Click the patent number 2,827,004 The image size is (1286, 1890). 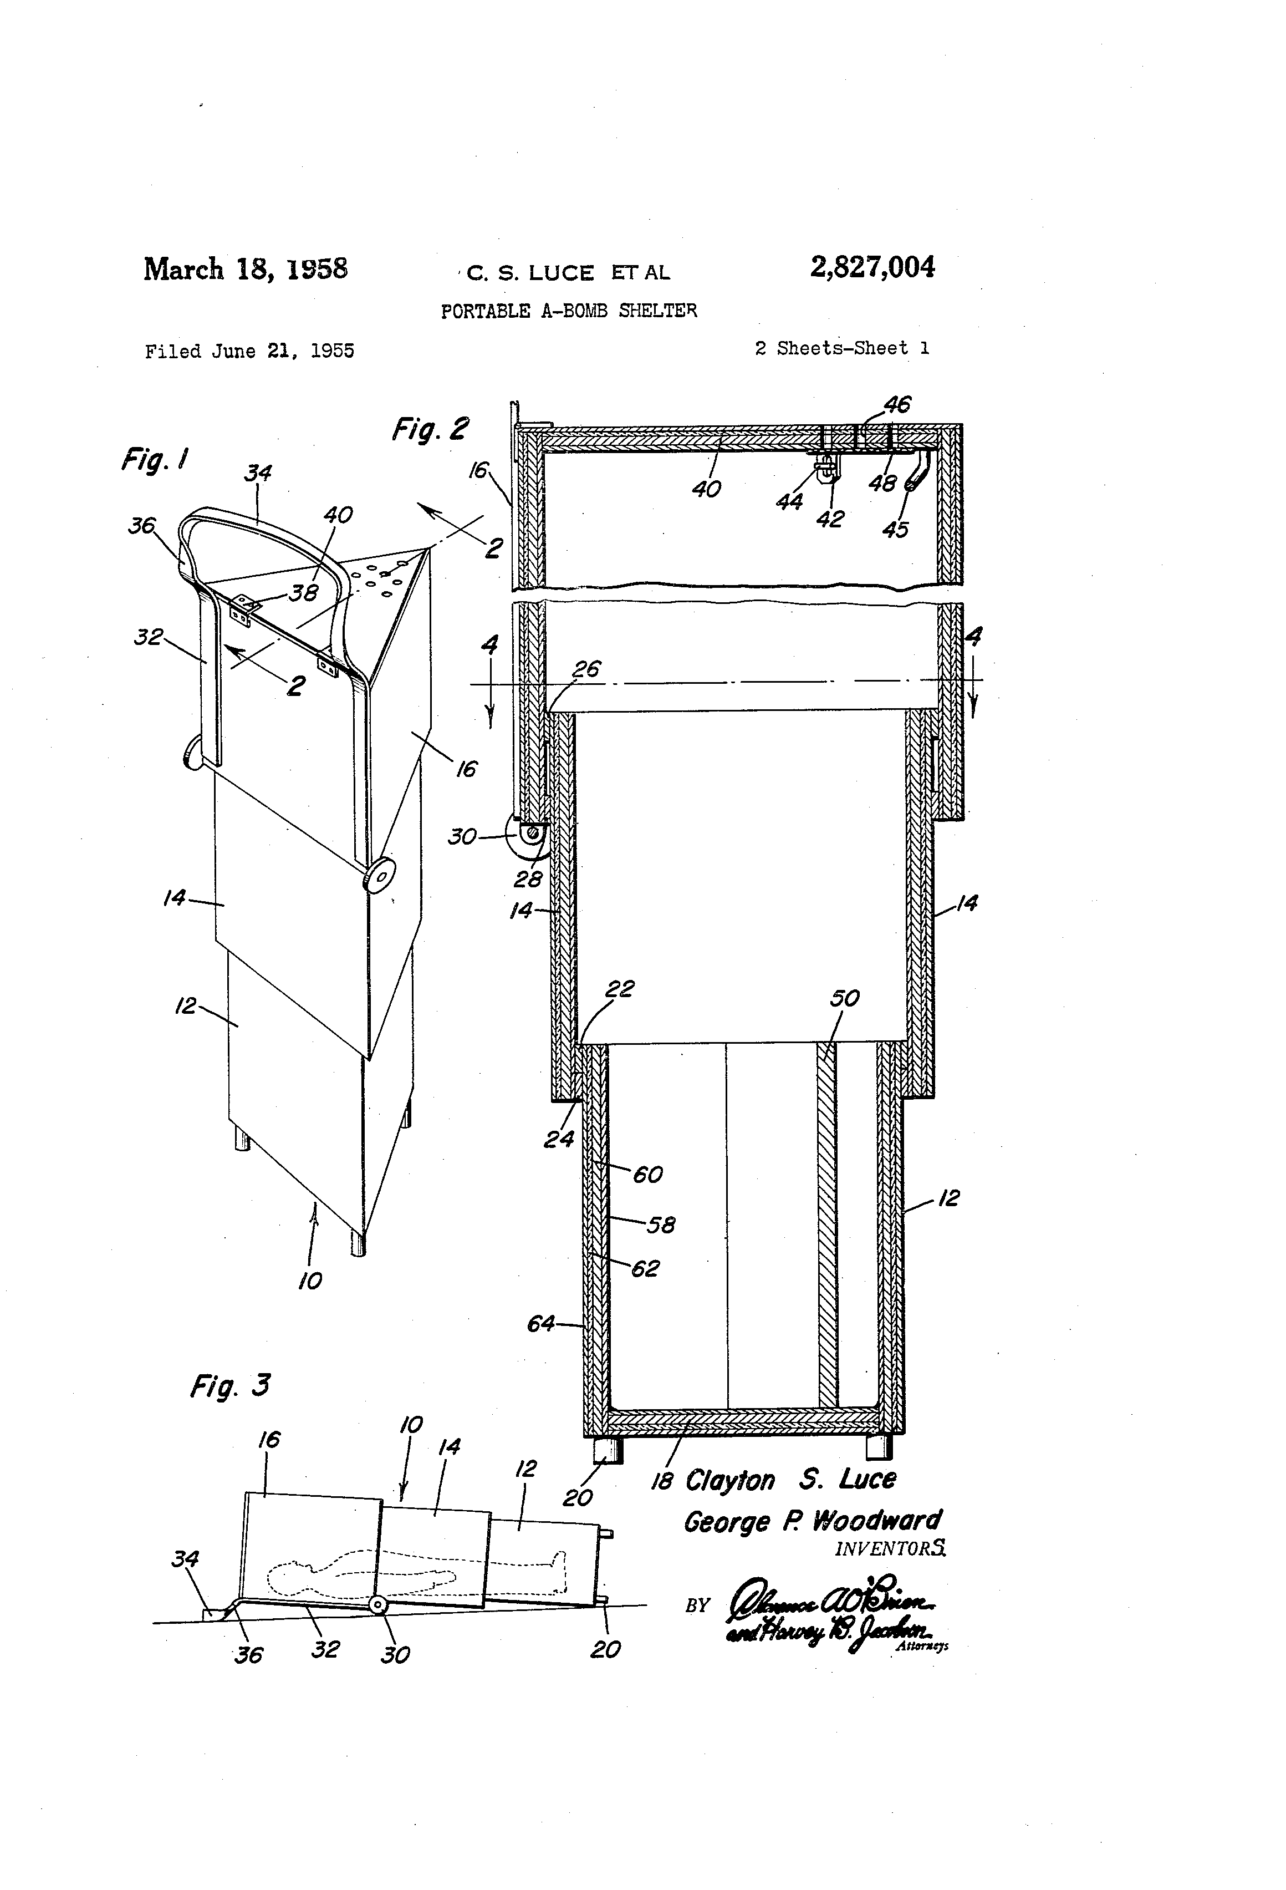coord(871,267)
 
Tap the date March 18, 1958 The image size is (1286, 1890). coord(246,269)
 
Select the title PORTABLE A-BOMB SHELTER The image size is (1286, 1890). coord(568,311)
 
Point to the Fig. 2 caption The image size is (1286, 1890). coord(430,429)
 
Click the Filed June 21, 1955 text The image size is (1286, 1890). coord(249,352)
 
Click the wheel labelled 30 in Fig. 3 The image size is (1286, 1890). coord(377,1604)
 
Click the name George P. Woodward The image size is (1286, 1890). coord(812,1521)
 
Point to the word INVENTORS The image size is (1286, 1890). coord(890,1548)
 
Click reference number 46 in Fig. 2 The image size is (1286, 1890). coord(897,404)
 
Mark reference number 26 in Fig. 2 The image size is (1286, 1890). coord(586,669)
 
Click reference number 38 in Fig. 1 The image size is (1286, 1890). coord(304,592)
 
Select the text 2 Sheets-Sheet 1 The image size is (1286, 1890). coord(842,348)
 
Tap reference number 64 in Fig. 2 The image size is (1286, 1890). coord(540,1324)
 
